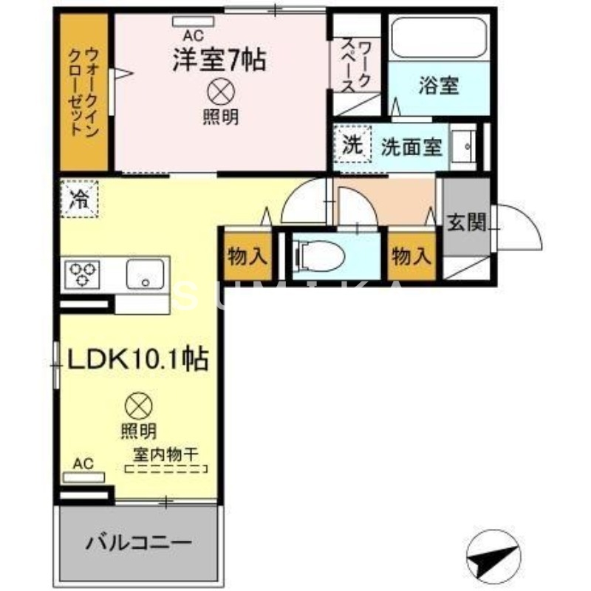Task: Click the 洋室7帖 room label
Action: tap(219, 59)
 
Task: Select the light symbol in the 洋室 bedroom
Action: tap(220, 91)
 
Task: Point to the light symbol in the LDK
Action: tap(138, 406)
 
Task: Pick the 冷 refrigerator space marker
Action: tap(78, 198)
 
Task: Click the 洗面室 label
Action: tap(411, 146)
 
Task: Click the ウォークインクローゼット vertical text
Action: tap(83, 92)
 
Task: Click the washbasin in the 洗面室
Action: tap(464, 146)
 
